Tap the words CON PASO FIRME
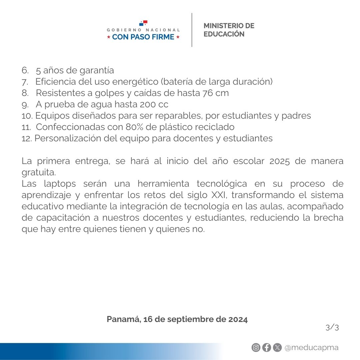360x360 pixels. (143, 37)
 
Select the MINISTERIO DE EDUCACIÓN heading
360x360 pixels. (229, 30)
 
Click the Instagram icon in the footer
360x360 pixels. (256, 348)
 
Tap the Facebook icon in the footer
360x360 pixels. (266, 348)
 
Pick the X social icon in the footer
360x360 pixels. (277, 348)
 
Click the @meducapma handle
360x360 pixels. (311, 348)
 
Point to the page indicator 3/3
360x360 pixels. (332, 328)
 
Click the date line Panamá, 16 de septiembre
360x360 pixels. (177, 319)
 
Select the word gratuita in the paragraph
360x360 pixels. (38, 173)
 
